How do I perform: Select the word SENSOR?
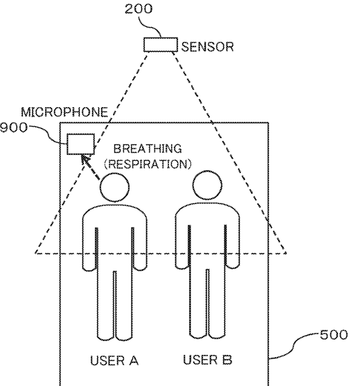pos(206,47)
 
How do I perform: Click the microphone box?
pos(81,143)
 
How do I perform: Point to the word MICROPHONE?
pos(64,112)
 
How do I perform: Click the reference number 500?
pos(335,335)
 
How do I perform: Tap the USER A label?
pos(115,360)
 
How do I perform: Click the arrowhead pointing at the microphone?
pos(85,159)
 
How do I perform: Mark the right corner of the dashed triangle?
pos(287,254)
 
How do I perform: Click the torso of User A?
pos(115,237)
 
